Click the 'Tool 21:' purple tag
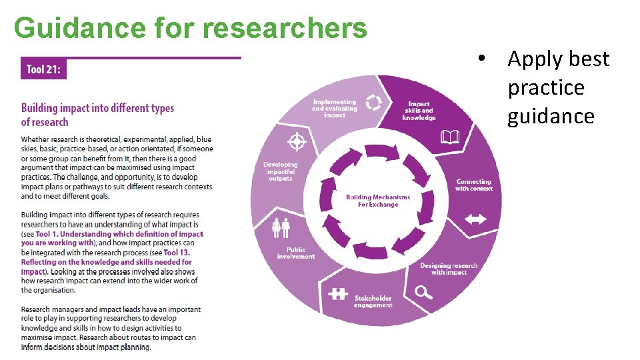(x=43, y=69)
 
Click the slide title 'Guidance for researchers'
(x=190, y=28)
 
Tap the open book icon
(x=450, y=137)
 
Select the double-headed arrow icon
(x=475, y=219)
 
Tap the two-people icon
(x=281, y=228)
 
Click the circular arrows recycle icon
(x=374, y=102)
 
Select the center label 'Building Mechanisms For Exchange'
(x=378, y=201)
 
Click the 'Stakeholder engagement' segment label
(x=373, y=301)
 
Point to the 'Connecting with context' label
(x=474, y=185)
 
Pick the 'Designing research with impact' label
(x=449, y=269)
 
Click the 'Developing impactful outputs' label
(x=281, y=171)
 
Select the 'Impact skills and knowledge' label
(x=419, y=111)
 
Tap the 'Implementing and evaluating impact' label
(x=335, y=109)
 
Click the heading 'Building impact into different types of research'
(x=97, y=115)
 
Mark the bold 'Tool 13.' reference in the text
(x=177, y=253)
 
